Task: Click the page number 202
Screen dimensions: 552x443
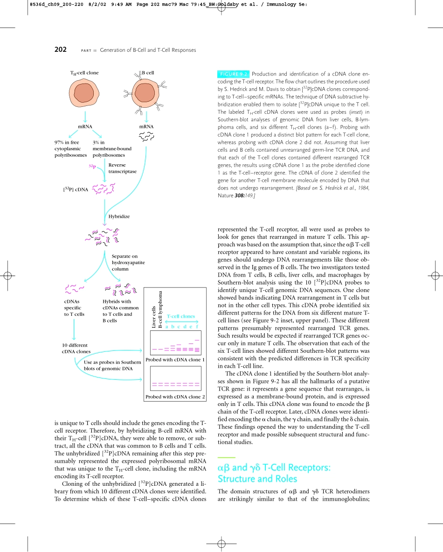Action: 61,50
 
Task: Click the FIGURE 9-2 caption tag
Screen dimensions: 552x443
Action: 233,74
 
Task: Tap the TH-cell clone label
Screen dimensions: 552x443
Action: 84,73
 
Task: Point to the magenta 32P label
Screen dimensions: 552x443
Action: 92,167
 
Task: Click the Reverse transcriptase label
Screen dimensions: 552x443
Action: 122,168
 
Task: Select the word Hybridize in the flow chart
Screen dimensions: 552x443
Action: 119,217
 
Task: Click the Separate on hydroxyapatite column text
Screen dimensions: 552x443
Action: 128,262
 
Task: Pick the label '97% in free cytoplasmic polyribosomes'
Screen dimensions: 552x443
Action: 70,148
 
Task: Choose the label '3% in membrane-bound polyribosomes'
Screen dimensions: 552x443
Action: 112,148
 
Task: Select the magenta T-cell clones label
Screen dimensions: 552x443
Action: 181,316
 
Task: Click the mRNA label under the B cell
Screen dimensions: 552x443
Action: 146,126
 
